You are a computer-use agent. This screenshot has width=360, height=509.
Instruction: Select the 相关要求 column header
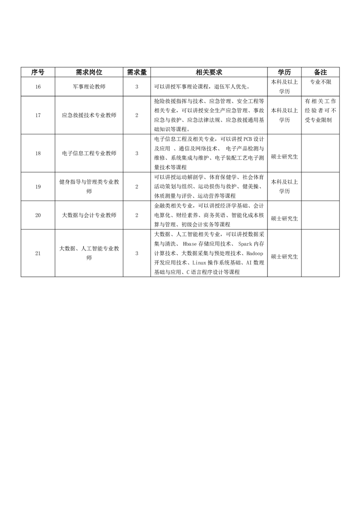[x=208, y=73]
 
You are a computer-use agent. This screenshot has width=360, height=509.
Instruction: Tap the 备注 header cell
[x=321, y=73]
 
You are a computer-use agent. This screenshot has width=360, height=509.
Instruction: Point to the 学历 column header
[x=284, y=73]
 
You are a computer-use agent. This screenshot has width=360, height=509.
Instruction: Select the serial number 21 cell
[x=38, y=253]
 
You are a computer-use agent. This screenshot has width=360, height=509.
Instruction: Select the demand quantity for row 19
[x=137, y=187]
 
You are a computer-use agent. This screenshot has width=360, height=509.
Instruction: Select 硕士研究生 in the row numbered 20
[x=284, y=218]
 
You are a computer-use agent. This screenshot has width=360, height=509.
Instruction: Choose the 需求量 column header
[x=137, y=73]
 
